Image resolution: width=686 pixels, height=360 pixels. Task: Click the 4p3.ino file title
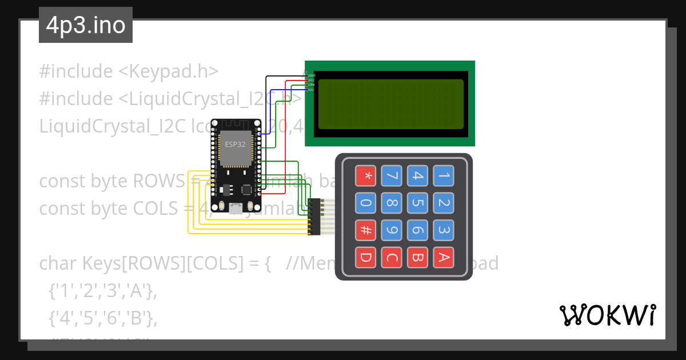[x=86, y=26]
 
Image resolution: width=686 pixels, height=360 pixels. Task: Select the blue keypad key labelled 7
[x=392, y=175]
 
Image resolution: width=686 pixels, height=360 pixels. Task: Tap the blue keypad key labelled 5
[x=417, y=202]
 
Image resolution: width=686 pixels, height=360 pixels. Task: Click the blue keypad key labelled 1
[x=444, y=175]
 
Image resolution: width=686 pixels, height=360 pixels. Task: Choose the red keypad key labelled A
[x=444, y=258]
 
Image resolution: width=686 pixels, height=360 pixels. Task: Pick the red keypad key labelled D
[x=366, y=258]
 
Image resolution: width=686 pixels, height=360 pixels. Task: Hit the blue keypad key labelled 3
[x=444, y=230]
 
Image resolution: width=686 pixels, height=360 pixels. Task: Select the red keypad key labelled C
[x=392, y=258]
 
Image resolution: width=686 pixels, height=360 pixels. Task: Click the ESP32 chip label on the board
[x=236, y=144]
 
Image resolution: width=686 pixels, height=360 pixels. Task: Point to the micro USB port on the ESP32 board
[x=236, y=209]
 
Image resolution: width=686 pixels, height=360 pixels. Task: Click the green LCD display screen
[x=390, y=103]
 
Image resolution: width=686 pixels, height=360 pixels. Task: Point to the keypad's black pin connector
[x=313, y=217]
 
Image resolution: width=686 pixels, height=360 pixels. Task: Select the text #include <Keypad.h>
[x=129, y=71]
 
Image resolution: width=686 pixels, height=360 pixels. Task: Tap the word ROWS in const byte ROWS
[x=157, y=181]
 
